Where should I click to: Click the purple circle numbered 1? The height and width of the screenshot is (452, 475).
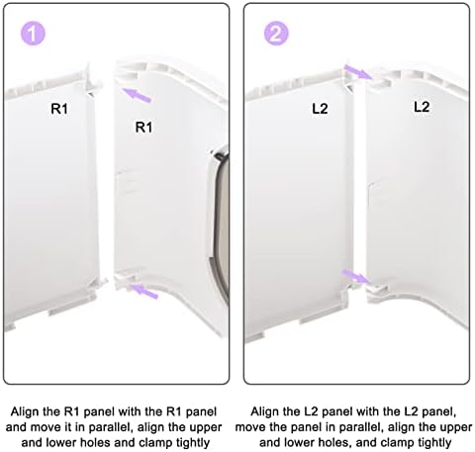(x=33, y=34)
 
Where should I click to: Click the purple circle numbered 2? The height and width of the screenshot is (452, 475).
(x=276, y=34)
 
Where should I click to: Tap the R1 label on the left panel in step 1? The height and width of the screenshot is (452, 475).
(x=59, y=109)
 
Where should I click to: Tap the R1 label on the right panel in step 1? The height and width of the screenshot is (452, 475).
(x=144, y=128)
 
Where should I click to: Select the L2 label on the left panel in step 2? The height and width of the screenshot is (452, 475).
(x=320, y=109)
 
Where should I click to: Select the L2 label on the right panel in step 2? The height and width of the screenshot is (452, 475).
(x=422, y=107)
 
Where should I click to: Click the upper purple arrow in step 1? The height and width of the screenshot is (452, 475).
(x=137, y=95)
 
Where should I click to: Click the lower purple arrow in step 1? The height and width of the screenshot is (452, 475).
(x=144, y=292)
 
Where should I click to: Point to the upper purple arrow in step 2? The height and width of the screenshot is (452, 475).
(x=358, y=71)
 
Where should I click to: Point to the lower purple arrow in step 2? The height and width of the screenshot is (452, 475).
(x=355, y=276)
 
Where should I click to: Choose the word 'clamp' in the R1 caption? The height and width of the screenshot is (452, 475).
(x=154, y=442)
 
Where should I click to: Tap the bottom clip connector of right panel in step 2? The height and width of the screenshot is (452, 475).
(x=376, y=291)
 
